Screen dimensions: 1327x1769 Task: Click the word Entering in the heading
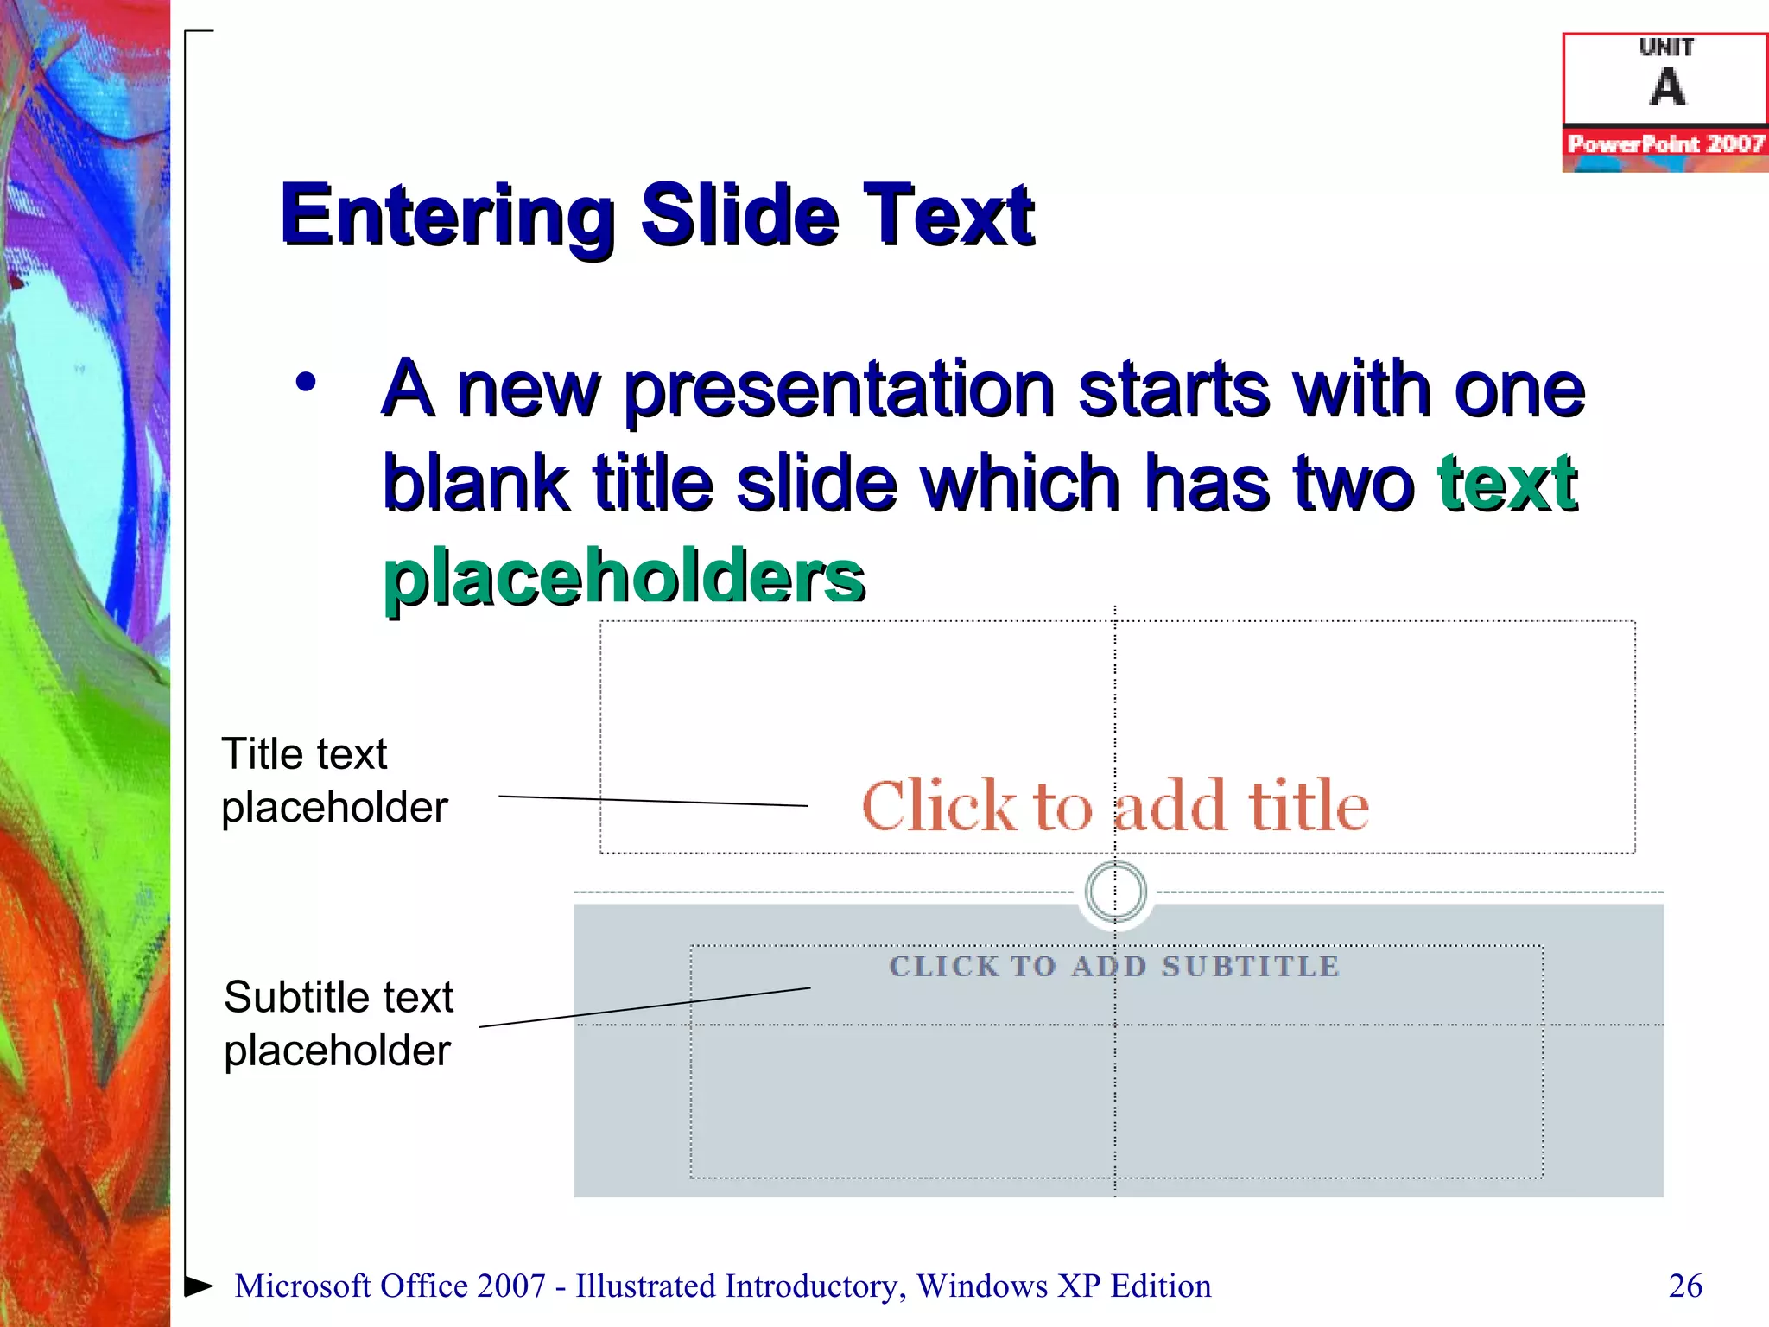(447, 216)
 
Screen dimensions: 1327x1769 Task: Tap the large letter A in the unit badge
(1667, 87)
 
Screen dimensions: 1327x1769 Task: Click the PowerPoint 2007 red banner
(1665, 143)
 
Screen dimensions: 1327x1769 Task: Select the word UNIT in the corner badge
(1666, 48)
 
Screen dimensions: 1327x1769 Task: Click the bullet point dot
(306, 382)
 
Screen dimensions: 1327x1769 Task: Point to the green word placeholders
(624, 576)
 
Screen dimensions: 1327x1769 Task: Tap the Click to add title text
(1114, 806)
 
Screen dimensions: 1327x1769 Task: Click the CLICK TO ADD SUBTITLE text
(1114, 966)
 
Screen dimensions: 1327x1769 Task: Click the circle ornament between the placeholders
(1115, 891)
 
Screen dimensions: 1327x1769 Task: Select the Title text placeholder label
(333, 780)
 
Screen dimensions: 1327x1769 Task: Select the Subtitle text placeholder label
(338, 1024)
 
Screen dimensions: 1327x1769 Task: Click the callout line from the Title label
(653, 801)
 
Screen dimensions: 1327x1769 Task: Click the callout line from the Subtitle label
(644, 1007)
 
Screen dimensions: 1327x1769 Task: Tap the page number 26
(1685, 1286)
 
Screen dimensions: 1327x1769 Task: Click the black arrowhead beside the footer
(198, 1286)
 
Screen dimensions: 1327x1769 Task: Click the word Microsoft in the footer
(302, 1286)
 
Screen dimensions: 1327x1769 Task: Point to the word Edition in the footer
(1161, 1286)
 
